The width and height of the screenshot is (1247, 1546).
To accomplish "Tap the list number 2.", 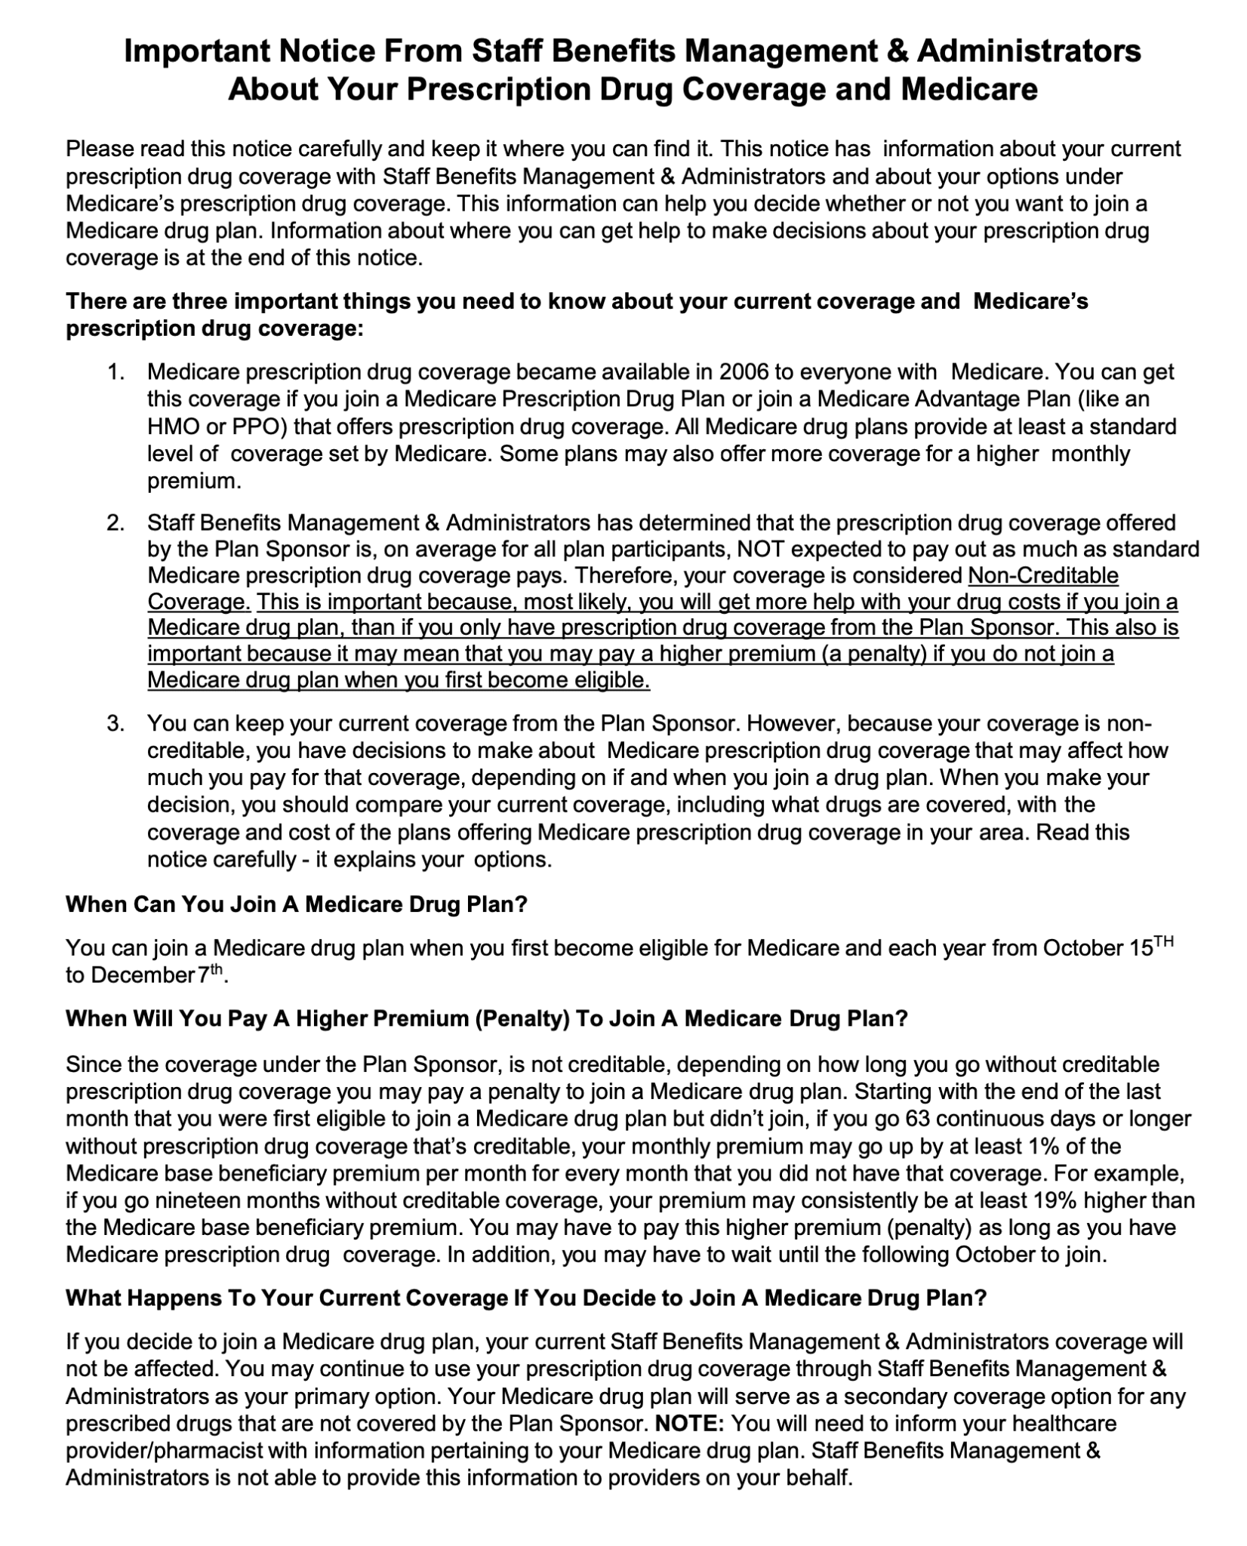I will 115,522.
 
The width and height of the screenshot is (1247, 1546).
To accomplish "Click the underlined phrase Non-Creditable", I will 1042,575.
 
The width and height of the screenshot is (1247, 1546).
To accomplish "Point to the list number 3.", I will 115,724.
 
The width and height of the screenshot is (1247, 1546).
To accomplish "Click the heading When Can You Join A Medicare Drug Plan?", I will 296,904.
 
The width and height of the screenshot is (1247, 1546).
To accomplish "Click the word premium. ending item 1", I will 194,481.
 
